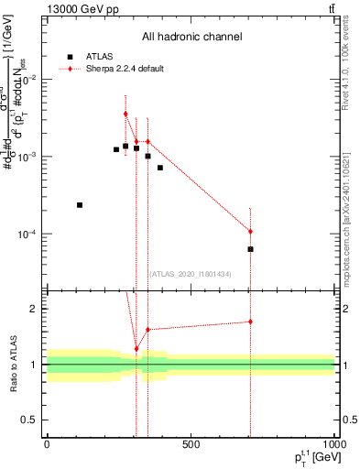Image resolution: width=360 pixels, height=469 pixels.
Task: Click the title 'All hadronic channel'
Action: [x=191, y=37]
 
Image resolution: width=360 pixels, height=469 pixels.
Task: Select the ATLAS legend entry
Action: [x=93, y=56]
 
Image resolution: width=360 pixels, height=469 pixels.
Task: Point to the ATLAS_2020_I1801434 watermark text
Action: [x=190, y=274]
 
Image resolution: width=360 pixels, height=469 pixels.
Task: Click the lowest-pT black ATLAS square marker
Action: [x=80, y=205]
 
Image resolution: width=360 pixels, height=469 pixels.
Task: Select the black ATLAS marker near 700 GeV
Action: [x=250, y=249]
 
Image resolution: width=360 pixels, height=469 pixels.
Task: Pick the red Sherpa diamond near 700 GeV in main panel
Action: [x=250, y=232]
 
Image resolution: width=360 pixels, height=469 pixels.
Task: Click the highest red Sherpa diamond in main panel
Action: [x=125, y=114]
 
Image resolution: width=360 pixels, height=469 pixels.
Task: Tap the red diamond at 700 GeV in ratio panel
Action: [x=250, y=322]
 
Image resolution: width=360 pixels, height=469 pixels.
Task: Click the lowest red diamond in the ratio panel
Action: [x=136, y=349]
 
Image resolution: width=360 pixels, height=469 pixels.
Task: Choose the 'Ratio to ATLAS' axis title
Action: [x=13, y=365]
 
